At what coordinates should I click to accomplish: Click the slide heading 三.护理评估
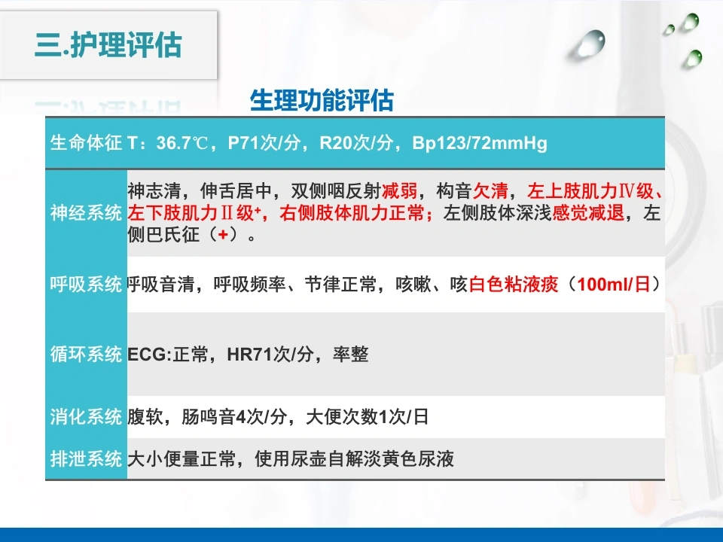[108, 45]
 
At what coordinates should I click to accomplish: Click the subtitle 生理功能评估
[322, 100]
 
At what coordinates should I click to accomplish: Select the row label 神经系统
[86, 213]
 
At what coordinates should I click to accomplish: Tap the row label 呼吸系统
[86, 284]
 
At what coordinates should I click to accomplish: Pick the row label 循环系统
[86, 354]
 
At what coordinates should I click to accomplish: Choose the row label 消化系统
[86, 416]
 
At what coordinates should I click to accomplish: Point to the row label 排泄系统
[86, 458]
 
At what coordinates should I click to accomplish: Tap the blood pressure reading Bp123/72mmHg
[480, 143]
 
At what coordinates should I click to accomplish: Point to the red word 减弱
[399, 190]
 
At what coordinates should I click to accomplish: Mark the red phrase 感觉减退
[588, 213]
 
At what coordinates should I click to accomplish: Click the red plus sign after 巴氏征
[223, 235]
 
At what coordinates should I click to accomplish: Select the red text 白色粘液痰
[513, 285]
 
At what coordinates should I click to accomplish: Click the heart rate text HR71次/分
[270, 355]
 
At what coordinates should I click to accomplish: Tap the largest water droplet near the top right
[590, 43]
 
